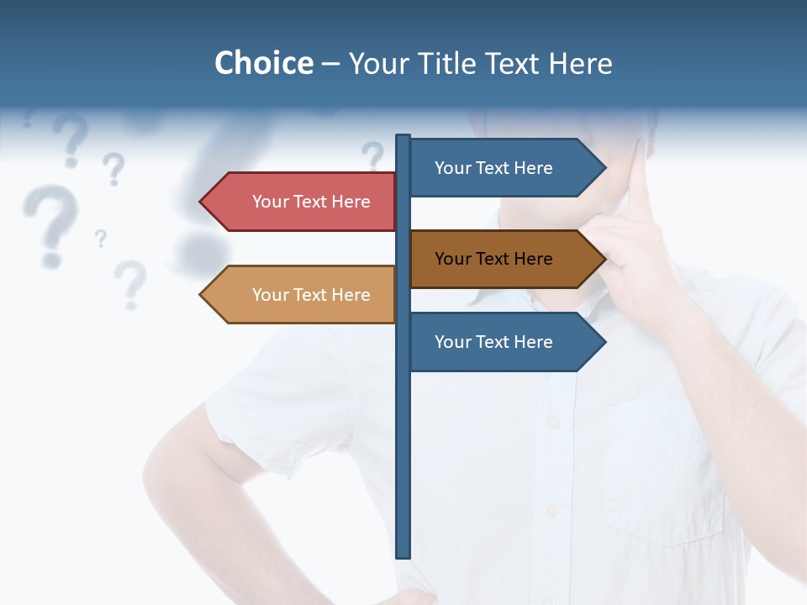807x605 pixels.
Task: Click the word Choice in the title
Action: coord(263,63)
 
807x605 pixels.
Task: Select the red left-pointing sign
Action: coord(303,202)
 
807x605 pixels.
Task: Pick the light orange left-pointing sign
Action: coord(303,295)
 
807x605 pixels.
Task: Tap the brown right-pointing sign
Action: coord(501,259)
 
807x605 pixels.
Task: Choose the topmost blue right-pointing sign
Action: coord(501,168)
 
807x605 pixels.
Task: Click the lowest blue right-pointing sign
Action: coord(501,342)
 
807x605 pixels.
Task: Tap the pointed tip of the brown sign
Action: coord(604,259)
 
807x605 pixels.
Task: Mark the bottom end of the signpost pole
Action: coord(403,555)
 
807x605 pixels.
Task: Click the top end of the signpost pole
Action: coord(403,137)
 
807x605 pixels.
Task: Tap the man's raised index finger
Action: coord(641,181)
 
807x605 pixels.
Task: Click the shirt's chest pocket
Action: coord(664,471)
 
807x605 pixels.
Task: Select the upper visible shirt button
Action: coord(552,423)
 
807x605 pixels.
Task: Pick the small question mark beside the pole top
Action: coord(372,156)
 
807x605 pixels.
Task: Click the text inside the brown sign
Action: coord(493,259)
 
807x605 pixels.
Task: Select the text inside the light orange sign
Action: coord(311,295)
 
